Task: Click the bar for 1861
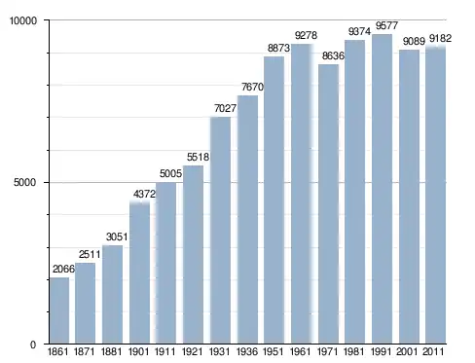coord(59,310)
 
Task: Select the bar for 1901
coord(139,272)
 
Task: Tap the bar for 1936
coord(247,220)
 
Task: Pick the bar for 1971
coord(328,204)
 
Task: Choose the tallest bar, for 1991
coord(382,189)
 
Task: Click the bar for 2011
coord(436,195)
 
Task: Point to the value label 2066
coord(63,269)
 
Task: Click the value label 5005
coord(170,173)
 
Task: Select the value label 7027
coord(225,108)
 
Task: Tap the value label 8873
coord(278,48)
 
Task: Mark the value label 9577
coord(386,25)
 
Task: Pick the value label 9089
coord(414,41)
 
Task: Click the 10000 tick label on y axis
coord(23,20)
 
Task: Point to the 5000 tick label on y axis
coord(25,182)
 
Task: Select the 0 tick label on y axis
coord(33,345)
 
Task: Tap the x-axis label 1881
coord(112,351)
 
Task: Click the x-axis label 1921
coord(193,351)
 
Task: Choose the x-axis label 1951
coord(274,351)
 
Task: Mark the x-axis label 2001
coord(408,351)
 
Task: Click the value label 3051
coord(117,236)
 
